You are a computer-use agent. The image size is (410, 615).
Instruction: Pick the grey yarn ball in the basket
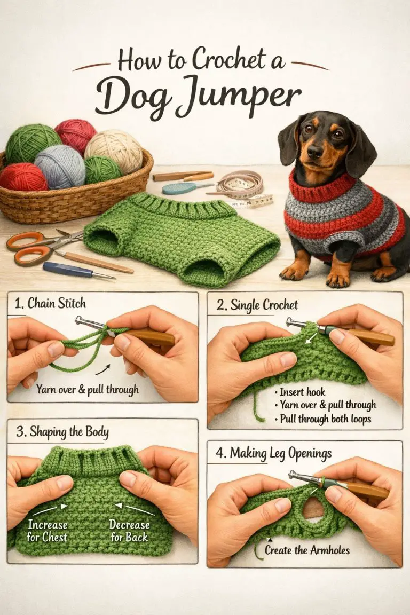point(60,166)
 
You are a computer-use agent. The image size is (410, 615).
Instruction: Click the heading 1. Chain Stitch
point(51,304)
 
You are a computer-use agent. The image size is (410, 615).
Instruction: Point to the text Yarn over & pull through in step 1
point(88,389)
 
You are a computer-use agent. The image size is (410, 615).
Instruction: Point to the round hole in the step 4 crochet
point(313,508)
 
